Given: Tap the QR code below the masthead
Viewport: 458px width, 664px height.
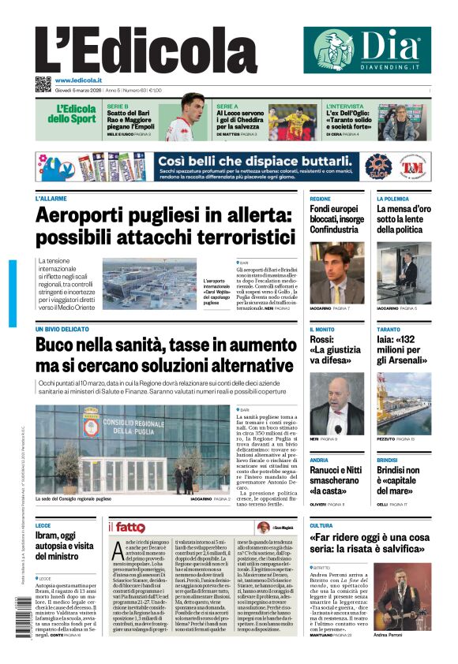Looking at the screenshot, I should tap(43, 84).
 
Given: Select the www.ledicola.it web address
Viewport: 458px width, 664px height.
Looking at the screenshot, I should tap(78, 80).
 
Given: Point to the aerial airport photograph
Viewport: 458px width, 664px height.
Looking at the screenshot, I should tap(150, 284).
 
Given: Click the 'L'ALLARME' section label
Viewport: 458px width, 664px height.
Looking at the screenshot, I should tap(51, 199).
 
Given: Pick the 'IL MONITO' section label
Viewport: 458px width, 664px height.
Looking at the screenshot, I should tap(322, 329).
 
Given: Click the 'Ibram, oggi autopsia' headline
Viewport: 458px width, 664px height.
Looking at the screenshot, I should tap(66, 546).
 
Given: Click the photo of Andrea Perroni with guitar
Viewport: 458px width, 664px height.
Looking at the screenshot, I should tap(402, 595).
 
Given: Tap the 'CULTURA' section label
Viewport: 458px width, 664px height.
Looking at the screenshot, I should tap(321, 525).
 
